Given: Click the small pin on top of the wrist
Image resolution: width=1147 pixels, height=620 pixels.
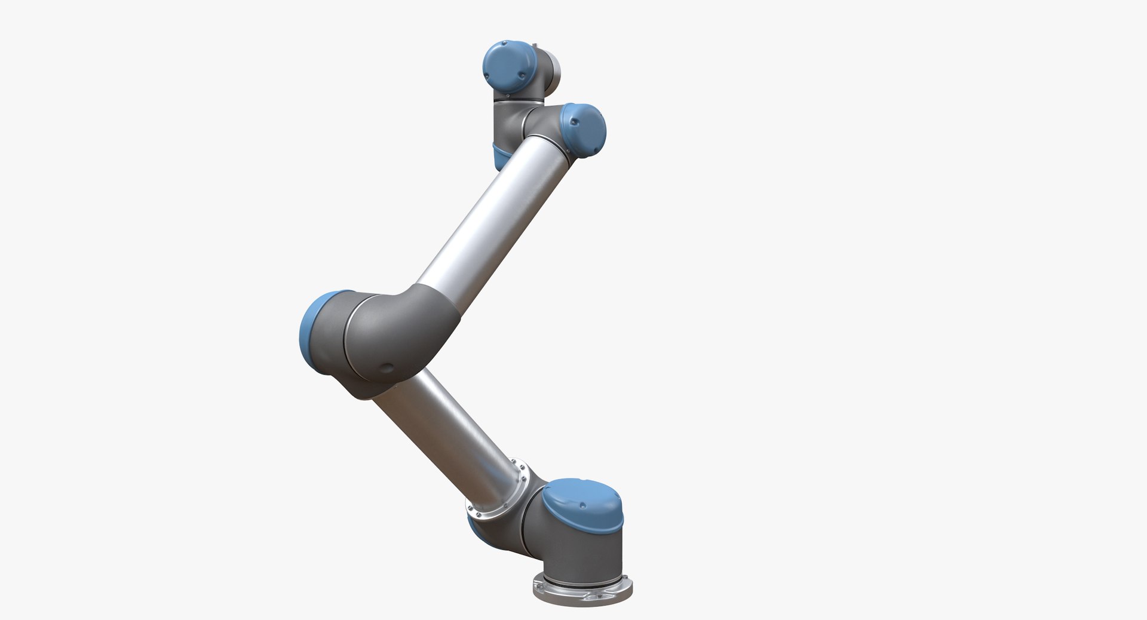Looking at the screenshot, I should click(535, 44).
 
